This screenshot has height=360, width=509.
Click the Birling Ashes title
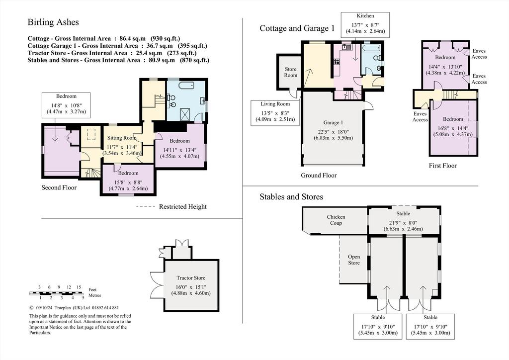point(53,22)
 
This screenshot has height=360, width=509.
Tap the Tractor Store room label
point(191,278)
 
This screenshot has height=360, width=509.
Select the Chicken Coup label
point(336,220)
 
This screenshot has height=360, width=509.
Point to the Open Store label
point(354,260)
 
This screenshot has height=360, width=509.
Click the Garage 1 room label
point(333,123)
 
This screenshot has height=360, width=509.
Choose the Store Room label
point(290,72)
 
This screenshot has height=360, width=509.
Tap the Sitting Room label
point(122,138)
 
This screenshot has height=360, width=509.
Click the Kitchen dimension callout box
point(365,25)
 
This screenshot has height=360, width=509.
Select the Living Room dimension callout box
point(275,113)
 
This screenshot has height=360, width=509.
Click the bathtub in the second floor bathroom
point(184,86)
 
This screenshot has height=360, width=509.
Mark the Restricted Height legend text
point(183,207)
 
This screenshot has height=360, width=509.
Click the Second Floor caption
point(59,187)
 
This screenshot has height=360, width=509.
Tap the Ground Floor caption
point(319,176)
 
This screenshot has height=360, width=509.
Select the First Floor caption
point(443,166)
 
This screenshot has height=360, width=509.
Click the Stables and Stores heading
point(291,197)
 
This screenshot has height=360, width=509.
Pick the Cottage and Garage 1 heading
point(297,28)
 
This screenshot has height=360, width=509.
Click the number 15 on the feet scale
point(79,287)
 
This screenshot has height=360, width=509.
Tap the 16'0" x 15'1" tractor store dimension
point(191,287)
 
